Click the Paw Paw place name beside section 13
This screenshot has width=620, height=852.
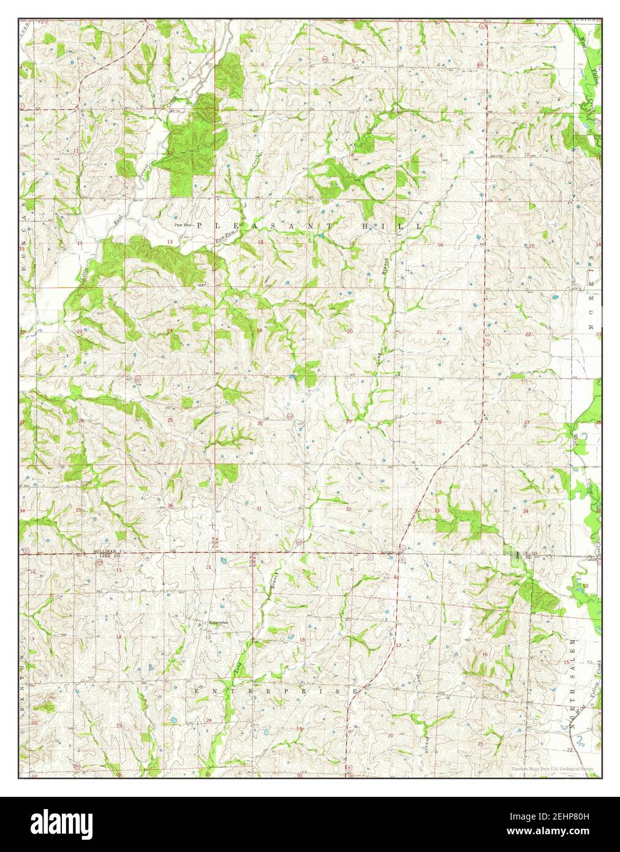pos(183,225)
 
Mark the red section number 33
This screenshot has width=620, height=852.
pos(437,510)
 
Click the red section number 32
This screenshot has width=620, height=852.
pos(349,509)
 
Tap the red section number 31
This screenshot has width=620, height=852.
pos(259,509)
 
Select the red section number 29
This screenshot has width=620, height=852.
pos(349,421)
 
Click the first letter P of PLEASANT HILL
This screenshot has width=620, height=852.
pos(200,226)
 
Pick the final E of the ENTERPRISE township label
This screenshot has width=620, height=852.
pos(356,691)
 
